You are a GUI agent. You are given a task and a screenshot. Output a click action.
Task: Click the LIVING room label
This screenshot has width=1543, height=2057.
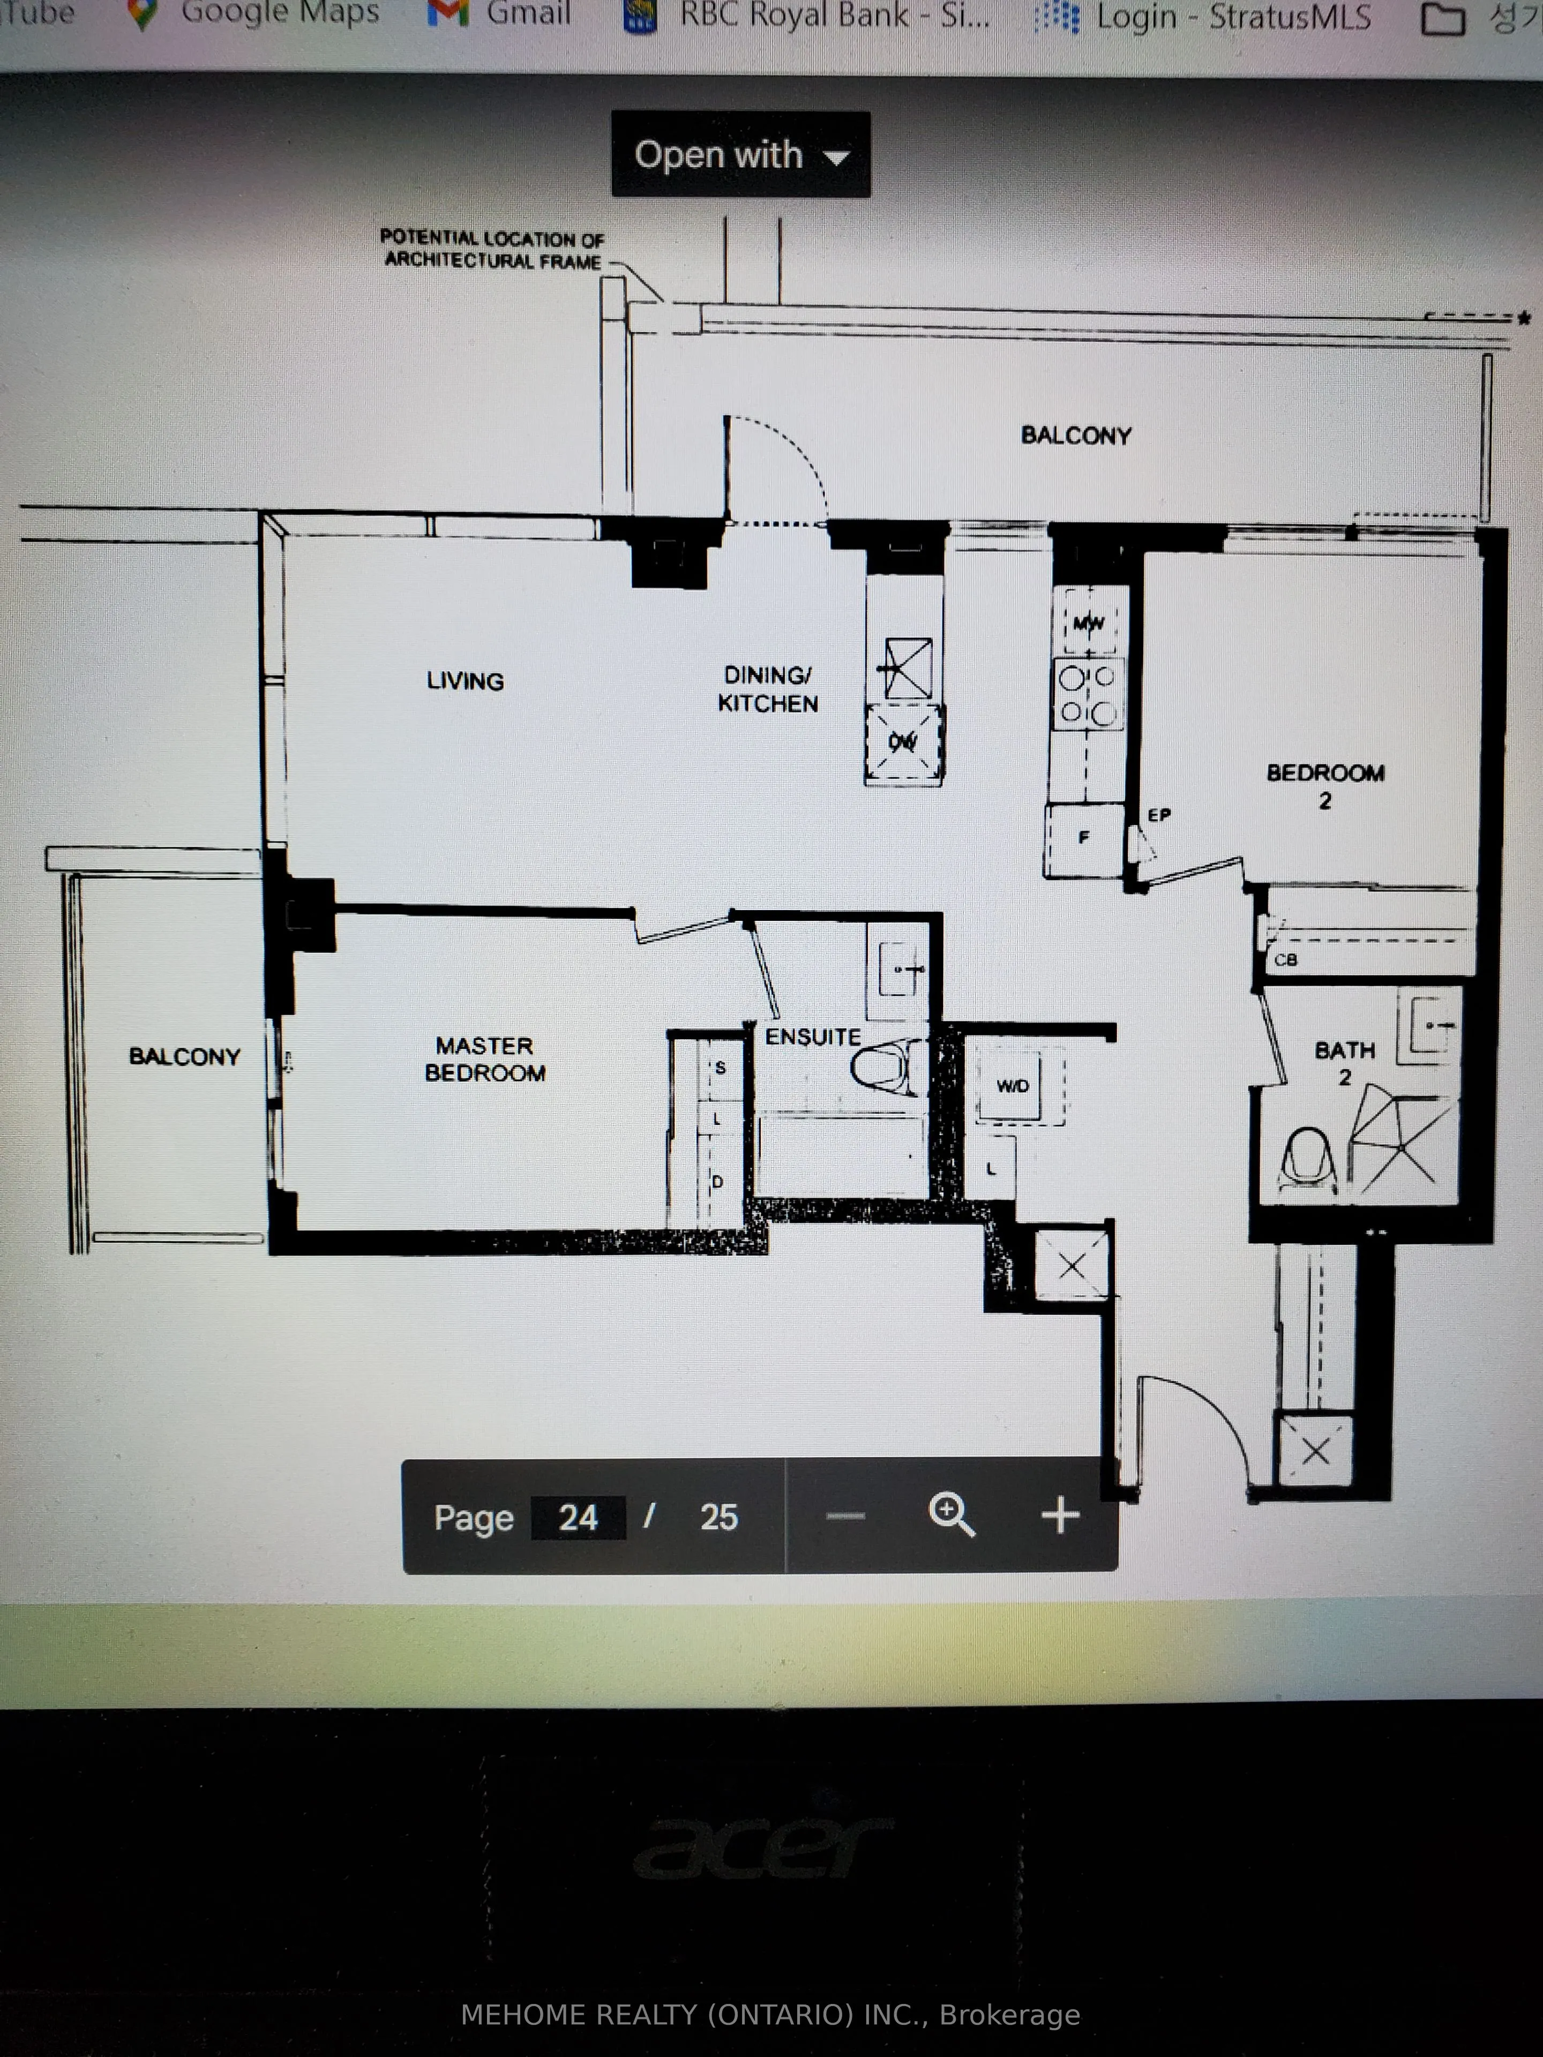click(465, 681)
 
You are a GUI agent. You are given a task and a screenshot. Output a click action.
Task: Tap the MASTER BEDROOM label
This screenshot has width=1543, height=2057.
click(484, 1059)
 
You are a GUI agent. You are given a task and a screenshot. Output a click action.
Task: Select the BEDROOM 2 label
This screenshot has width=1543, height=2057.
click(1325, 786)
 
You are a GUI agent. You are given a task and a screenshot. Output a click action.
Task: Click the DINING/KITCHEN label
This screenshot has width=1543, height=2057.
click(768, 689)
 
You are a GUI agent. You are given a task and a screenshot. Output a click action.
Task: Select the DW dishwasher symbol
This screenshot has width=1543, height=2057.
click(904, 742)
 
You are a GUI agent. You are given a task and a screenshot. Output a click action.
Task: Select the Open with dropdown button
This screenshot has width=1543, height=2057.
click(740, 154)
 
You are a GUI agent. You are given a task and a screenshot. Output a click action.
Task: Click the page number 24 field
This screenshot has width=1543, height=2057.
click(578, 1518)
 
